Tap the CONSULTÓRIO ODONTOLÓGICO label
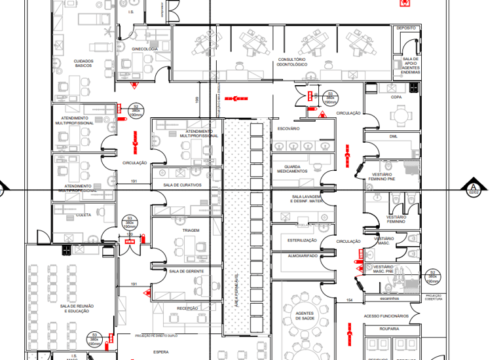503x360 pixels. tap(291, 62)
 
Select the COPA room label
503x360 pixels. tap(396, 97)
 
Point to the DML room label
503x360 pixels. tap(394, 136)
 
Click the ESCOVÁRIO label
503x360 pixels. tap(288, 128)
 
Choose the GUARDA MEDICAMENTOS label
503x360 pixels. tap(288, 169)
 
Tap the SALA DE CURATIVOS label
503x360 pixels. tap(182, 185)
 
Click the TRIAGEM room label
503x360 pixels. tap(191, 231)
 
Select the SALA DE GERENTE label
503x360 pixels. tap(186, 271)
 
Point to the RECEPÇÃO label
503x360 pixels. tap(188, 308)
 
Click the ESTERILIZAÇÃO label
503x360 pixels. tap(302, 240)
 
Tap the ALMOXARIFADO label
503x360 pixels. tap(303, 255)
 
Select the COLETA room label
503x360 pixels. tap(84, 214)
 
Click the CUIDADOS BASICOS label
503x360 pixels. tap(83, 63)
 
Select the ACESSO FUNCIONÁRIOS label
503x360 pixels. tap(386, 316)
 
